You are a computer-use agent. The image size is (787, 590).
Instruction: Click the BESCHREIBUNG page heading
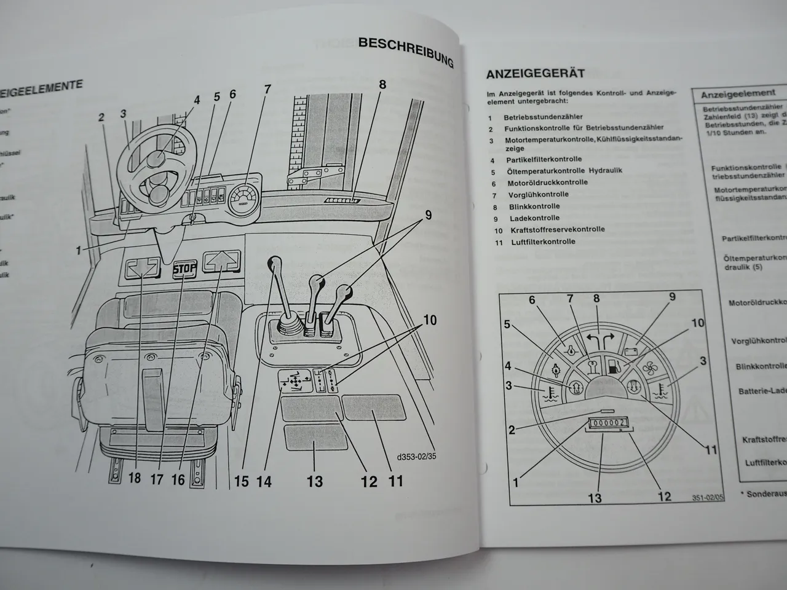click(406, 51)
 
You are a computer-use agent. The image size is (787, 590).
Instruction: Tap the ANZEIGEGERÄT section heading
click(536, 74)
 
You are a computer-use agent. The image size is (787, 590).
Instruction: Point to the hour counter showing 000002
click(606, 423)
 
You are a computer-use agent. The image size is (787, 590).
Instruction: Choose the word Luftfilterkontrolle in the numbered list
click(543, 242)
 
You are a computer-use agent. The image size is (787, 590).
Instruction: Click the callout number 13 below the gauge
click(595, 497)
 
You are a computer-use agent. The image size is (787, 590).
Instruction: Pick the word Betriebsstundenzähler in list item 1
click(543, 117)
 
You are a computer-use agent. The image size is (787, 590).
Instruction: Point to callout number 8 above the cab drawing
click(382, 85)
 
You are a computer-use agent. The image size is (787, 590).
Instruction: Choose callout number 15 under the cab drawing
click(242, 480)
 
